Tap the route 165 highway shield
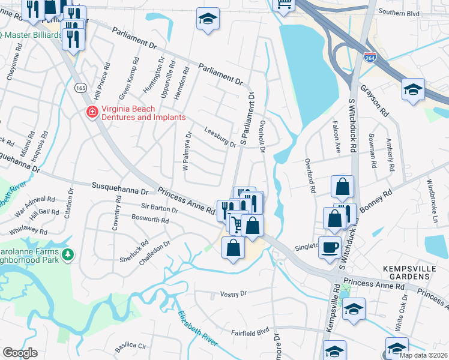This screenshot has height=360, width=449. [80, 88]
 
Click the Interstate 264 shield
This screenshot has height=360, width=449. [370, 58]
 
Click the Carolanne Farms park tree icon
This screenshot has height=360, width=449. [68, 256]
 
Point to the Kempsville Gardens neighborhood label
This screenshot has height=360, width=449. [406, 272]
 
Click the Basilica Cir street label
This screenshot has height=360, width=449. [130, 346]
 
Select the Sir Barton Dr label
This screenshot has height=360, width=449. [155, 208]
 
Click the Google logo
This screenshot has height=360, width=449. [20, 353]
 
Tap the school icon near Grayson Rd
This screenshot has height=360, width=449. [413, 90]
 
